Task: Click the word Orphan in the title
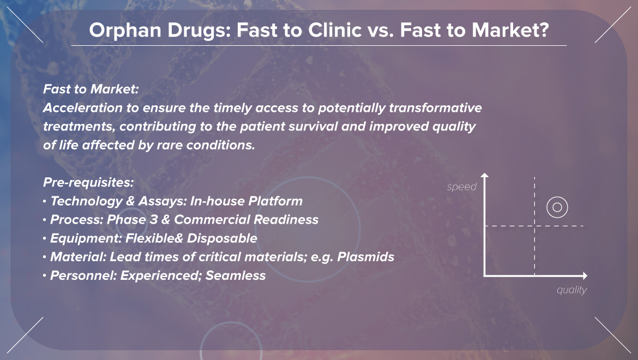point(125,31)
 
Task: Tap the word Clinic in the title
point(335,29)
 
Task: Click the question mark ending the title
point(544,29)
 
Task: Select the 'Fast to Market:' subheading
point(91,89)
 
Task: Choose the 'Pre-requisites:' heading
point(88,182)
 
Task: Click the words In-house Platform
point(246,201)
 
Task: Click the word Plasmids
point(365,257)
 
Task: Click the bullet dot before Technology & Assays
point(44,201)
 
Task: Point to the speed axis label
point(461,187)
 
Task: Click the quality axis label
point(571,290)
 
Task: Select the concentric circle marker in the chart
point(557,197)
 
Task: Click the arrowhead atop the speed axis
point(484,175)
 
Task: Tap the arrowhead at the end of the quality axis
point(585,276)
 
